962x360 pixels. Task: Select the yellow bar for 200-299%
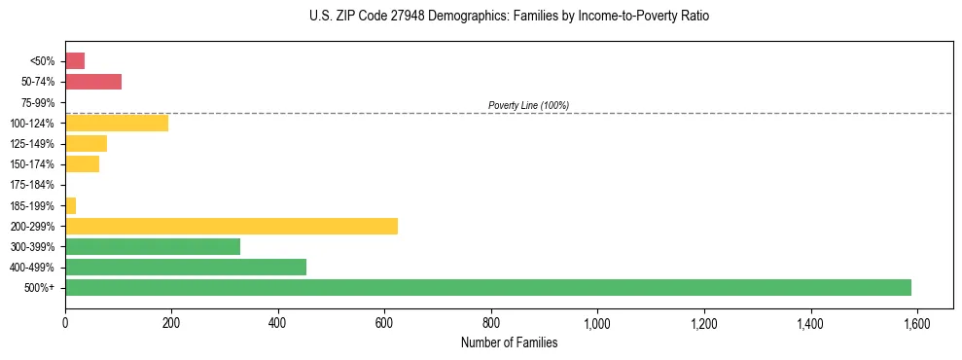click(x=232, y=226)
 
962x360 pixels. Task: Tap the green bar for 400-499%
click(x=186, y=267)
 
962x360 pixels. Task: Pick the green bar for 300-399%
click(x=153, y=246)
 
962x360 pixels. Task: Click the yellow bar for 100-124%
click(x=117, y=123)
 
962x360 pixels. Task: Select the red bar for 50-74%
click(x=93, y=82)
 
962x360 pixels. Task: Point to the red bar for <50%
click(x=75, y=61)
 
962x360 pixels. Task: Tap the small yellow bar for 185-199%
click(x=70, y=205)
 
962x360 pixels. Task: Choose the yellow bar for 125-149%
click(x=86, y=143)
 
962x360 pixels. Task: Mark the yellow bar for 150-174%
click(x=82, y=164)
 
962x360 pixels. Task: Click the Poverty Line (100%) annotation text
click(x=528, y=105)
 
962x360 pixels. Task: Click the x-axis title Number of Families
click(x=509, y=342)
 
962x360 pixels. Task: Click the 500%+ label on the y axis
click(x=41, y=288)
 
